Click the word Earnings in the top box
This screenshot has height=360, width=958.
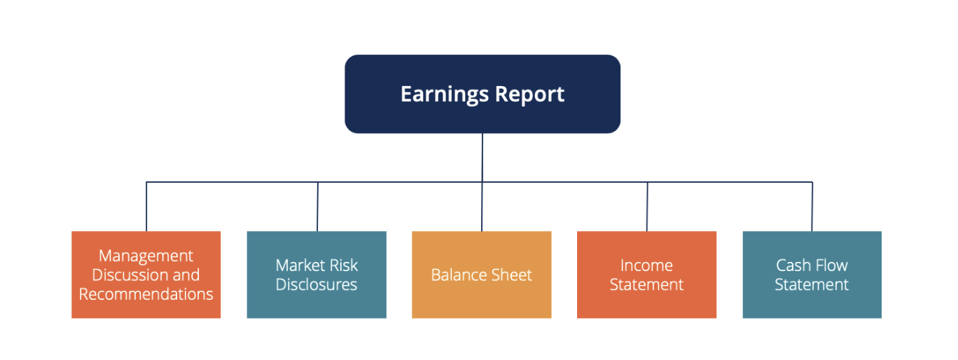445,95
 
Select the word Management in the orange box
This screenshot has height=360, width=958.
146,256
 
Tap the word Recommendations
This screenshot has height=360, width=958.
146,294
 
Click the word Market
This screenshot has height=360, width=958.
298,265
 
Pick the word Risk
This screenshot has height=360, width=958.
342,265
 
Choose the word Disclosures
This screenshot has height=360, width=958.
317,285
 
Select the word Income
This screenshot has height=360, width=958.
646,265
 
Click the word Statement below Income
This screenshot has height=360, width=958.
646,285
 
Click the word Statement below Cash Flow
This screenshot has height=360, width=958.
812,285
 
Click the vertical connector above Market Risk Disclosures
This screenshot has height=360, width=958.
317,207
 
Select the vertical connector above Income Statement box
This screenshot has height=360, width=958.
647,207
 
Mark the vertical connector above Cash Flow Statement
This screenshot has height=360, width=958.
812,207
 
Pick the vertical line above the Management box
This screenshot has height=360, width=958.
146,207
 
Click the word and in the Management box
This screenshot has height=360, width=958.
185,275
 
